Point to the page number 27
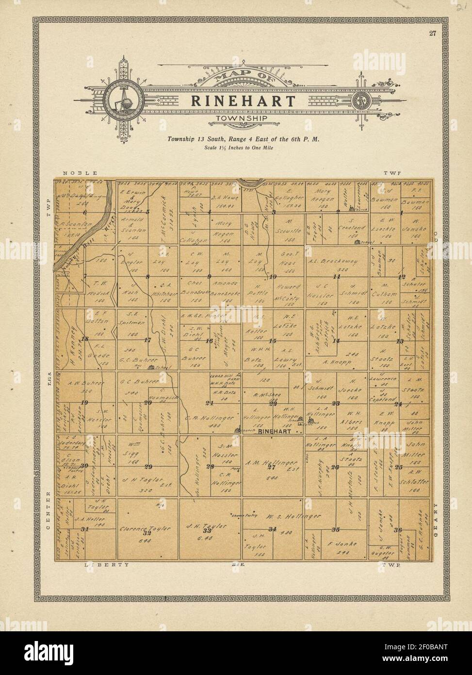(432, 34)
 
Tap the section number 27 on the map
(272, 467)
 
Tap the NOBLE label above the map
(80, 173)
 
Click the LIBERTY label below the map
(107, 565)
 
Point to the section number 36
(399, 529)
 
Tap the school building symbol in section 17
(151, 367)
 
